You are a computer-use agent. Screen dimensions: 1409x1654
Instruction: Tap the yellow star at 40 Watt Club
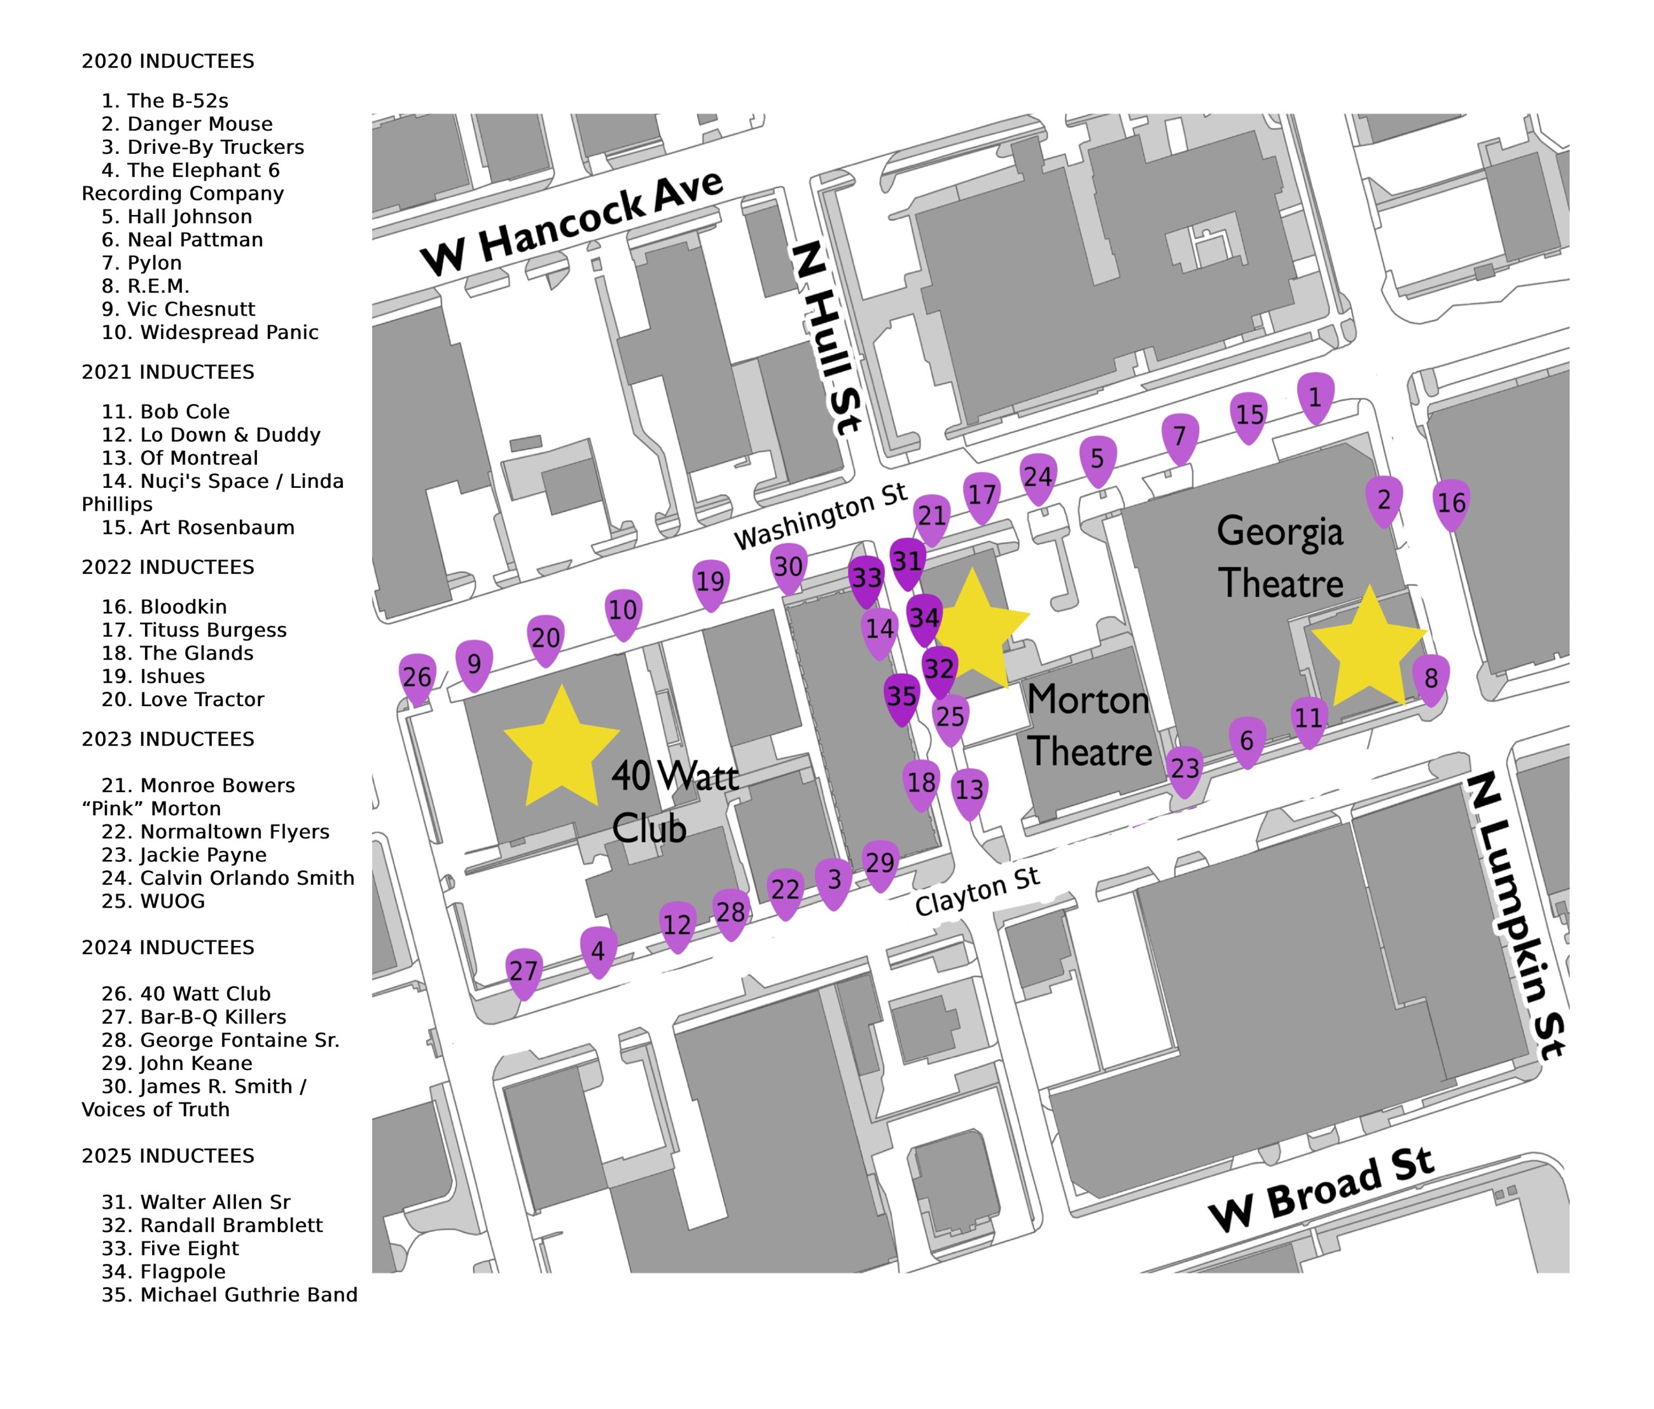[x=561, y=749]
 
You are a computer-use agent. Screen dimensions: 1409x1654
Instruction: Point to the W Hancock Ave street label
[x=571, y=223]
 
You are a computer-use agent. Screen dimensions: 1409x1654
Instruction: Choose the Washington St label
[x=820, y=517]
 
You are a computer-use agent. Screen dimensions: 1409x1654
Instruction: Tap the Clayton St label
[x=976, y=892]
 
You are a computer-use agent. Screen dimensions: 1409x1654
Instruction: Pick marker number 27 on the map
[x=524, y=971]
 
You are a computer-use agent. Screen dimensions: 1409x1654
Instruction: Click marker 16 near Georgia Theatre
[x=1450, y=503]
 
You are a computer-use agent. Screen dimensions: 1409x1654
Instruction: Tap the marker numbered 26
[x=417, y=677]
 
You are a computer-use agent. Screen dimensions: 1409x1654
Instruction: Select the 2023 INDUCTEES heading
[x=168, y=739]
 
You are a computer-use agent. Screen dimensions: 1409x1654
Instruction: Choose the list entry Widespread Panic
[x=209, y=332]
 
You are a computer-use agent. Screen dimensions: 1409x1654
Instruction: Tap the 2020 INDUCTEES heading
[x=168, y=62]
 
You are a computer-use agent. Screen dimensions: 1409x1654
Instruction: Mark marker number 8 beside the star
[x=1431, y=679]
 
